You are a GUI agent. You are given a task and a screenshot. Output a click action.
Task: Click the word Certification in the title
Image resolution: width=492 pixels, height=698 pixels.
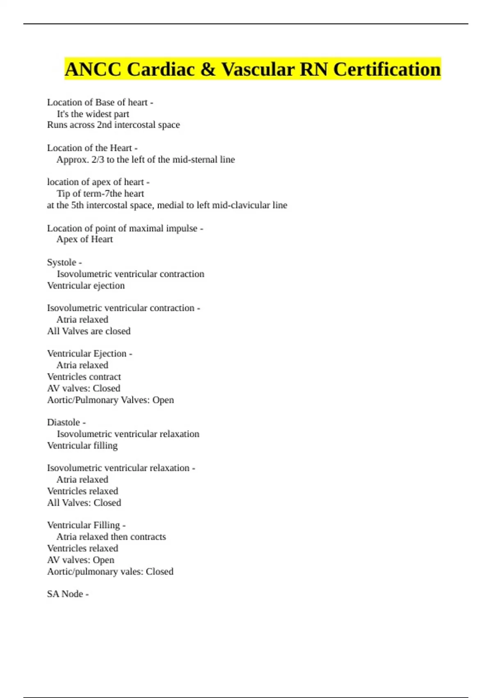[x=387, y=69]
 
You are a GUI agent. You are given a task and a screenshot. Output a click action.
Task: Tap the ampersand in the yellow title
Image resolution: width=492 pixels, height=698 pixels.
[x=208, y=69]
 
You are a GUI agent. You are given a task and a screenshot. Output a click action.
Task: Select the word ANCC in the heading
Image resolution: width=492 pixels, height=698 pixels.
[x=93, y=69]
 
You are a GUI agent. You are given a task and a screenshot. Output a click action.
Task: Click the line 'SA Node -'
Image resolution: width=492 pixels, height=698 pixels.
[x=68, y=594]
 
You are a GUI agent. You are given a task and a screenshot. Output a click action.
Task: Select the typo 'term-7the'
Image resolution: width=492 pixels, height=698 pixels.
[x=91, y=193]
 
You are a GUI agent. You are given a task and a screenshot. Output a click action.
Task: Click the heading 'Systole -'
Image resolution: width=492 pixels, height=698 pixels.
[x=64, y=262]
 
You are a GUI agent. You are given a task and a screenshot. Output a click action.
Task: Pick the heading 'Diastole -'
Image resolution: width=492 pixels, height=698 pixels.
[x=66, y=422]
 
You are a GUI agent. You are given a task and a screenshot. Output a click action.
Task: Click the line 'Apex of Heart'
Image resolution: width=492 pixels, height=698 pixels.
[x=84, y=239]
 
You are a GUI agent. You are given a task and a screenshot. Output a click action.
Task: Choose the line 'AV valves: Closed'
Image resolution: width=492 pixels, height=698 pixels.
[x=84, y=388]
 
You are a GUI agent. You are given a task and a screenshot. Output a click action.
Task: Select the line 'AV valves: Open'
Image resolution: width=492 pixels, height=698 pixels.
[x=81, y=560]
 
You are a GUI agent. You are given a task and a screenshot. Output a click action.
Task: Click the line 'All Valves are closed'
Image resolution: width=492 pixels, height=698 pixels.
[x=89, y=331]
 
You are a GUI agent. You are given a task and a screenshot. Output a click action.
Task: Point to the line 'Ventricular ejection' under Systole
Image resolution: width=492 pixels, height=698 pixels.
[x=86, y=285]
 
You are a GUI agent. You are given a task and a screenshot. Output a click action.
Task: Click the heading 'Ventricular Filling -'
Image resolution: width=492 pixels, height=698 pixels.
[x=86, y=525]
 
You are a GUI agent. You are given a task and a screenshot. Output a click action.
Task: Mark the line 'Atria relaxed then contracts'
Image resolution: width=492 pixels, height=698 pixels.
[x=111, y=537]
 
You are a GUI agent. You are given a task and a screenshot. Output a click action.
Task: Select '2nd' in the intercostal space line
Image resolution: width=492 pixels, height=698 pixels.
[x=104, y=125]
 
